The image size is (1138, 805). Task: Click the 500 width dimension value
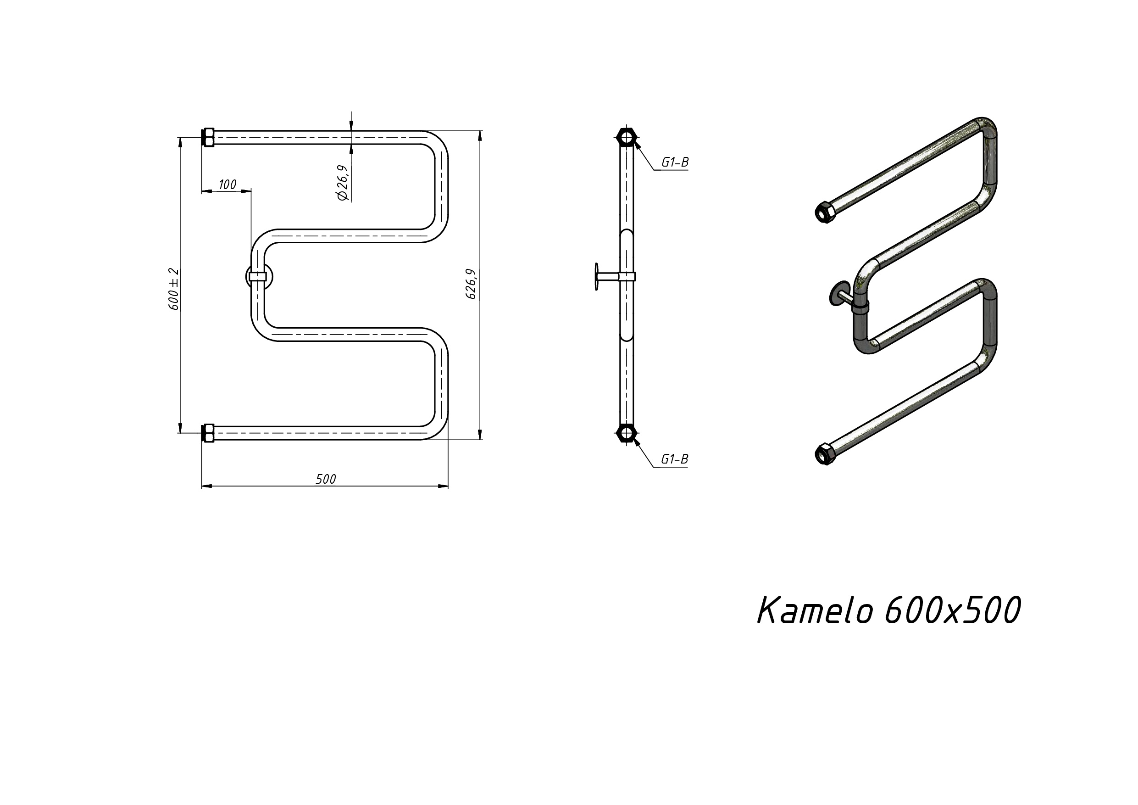click(326, 479)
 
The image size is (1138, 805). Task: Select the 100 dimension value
click(227, 184)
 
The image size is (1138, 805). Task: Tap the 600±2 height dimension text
click(173, 289)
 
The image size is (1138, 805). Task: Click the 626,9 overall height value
click(471, 284)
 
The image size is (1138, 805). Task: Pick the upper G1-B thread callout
click(675, 162)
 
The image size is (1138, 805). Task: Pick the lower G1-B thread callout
click(675, 459)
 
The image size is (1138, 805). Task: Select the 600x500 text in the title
click(952, 610)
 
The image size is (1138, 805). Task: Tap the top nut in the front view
click(208, 137)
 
